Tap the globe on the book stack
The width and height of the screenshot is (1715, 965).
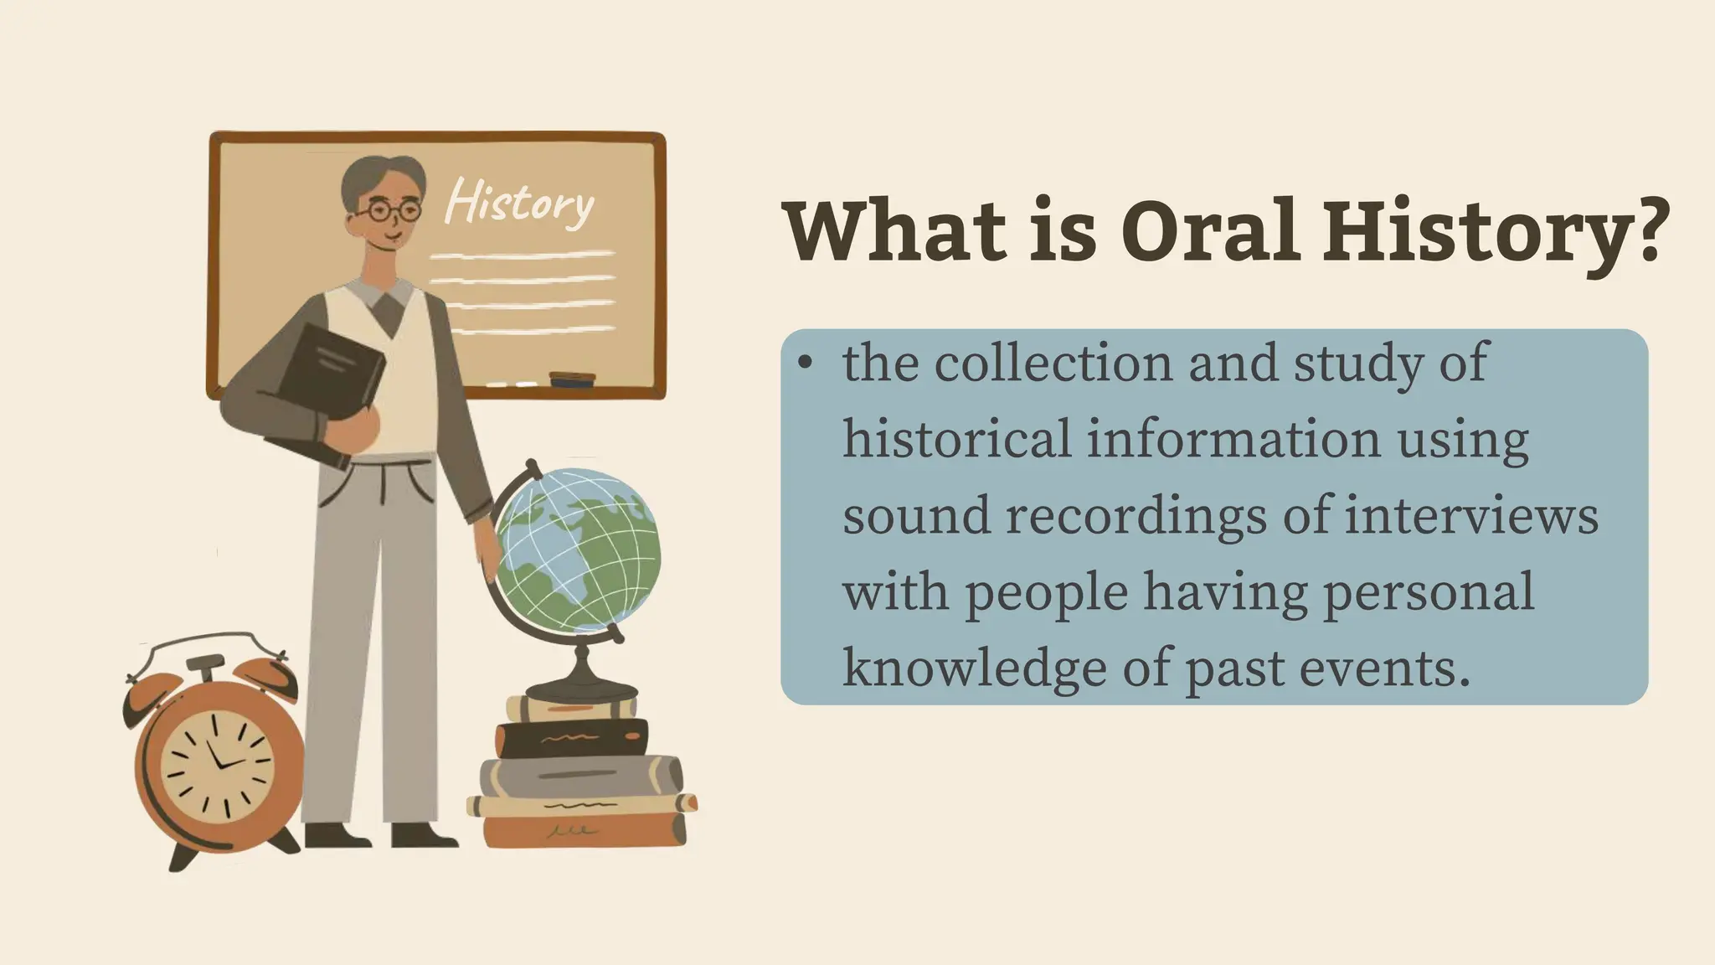tap(578, 550)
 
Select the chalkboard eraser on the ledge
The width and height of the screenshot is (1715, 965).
tap(572, 379)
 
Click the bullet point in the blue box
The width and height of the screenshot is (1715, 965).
tap(806, 363)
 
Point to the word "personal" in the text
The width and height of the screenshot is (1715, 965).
tap(1428, 592)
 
